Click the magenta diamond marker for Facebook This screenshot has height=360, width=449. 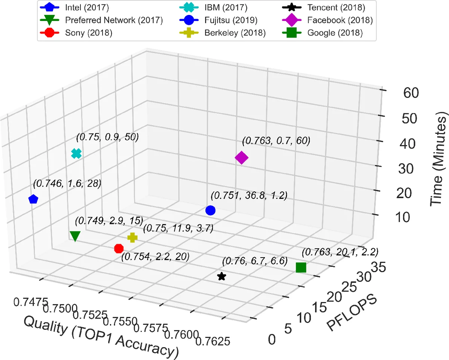click(x=241, y=158)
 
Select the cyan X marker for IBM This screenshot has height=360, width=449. click(x=76, y=153)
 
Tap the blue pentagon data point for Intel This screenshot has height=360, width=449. click(x=33, y=199)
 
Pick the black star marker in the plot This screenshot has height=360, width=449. click(x=222, y=277)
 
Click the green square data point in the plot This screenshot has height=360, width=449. click(x=301, y=268)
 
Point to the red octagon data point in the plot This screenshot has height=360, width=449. click(x=119, y=248)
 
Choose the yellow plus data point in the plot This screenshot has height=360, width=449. click(x=132, y=237)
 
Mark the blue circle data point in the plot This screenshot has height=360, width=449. click(x=210, y=210)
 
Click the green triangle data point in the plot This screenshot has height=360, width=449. click(x=75, y=236)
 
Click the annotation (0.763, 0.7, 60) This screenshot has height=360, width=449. click(x=276, y=141)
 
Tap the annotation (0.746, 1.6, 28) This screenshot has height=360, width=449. click(x=67, y=184)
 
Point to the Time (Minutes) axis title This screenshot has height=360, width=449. click(x=439, y=161)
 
